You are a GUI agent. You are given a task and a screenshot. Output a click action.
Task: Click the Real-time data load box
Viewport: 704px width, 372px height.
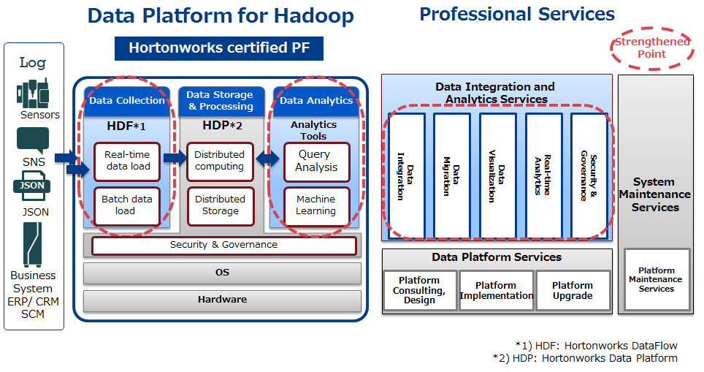click(127, 162)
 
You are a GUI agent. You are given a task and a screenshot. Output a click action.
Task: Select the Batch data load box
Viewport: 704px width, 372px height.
click(127, 206)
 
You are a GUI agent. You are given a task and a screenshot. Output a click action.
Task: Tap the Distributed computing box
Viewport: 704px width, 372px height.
click(220, 162)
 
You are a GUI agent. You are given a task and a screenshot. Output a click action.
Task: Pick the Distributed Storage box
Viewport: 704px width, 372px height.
click(221, 206)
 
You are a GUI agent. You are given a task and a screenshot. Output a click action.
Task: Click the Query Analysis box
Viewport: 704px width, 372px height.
click(316, 162)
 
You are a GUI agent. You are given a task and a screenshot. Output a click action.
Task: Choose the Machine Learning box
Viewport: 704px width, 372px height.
click(316, 206)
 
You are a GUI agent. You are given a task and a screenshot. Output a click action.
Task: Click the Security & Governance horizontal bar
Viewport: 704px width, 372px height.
click(224, 246)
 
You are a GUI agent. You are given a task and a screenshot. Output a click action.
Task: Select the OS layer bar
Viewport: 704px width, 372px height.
click(222, 273)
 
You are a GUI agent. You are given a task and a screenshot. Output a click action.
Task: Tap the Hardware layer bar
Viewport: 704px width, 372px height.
click(222, 300)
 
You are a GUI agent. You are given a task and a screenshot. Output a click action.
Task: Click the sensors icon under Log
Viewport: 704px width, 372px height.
click(32, 94)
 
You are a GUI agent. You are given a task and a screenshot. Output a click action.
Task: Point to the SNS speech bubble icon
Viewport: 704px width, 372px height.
click(33, 140)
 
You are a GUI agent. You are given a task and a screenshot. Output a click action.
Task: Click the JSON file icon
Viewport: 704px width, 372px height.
click(31, 186)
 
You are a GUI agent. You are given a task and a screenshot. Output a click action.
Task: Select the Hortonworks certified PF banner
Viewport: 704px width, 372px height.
click(219, 48)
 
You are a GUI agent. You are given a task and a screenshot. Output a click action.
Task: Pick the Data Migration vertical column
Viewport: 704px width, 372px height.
click(451, 175)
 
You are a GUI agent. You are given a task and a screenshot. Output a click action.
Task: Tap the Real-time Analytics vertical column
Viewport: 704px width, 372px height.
click(543, 175)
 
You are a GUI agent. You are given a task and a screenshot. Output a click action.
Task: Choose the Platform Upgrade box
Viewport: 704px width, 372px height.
click(573, 290)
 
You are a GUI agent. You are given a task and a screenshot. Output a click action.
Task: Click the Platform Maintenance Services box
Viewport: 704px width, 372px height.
click(657, 279)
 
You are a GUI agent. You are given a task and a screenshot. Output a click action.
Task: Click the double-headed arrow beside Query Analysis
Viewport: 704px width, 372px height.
click(267, 159)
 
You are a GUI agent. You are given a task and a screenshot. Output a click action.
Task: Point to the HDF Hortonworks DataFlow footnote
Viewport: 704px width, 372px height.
click(597, 346)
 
